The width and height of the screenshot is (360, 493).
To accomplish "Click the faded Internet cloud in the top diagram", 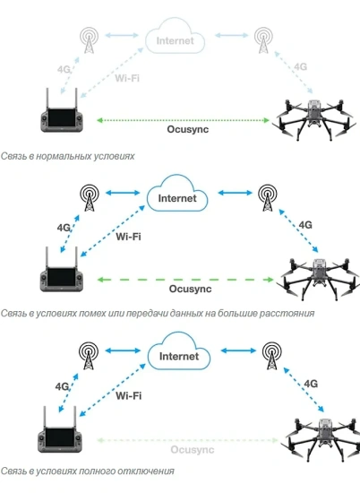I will click(175, 39).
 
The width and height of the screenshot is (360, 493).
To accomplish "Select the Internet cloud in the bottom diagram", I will click(178, 355).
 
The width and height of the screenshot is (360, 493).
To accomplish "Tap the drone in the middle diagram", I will click(315, 272).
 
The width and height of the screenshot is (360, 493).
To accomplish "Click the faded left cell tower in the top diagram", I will click(88, 39).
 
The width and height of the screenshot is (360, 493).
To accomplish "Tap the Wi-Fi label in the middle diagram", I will click(130, 237).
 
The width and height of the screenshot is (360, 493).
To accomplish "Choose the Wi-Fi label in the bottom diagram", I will click(130, 395).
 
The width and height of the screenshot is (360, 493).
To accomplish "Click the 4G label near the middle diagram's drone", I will click(304, 224).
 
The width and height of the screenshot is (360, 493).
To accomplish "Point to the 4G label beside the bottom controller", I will click(62, 386).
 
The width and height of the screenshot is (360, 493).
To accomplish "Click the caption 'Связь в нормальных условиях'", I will click(68, 156).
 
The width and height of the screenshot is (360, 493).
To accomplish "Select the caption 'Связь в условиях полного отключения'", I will click(88, 471).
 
